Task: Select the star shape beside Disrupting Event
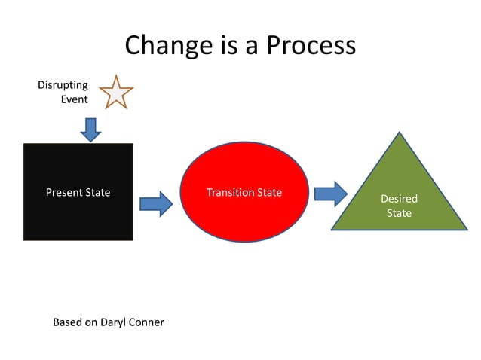click(x=116, y=93)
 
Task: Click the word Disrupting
click(x=63, y=85)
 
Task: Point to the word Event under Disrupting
click(x=74, y=99)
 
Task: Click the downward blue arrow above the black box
click(x=90, y=129)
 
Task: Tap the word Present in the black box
click(x=63, y=192)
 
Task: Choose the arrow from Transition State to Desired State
click(x=330, y=194)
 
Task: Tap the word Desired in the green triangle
click(x=399, y=199)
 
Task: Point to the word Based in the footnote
click(x=67, y=322)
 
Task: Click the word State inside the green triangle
click(x=399, y=213)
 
